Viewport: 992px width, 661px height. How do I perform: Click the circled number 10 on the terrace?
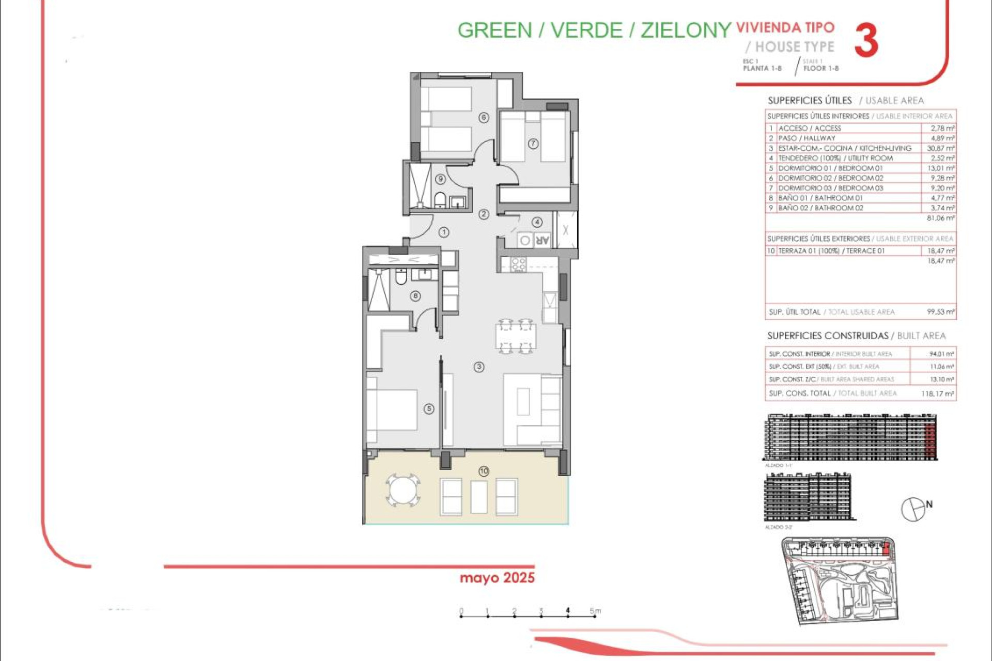(484, 471)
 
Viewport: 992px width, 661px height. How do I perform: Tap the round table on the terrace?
(402, 490)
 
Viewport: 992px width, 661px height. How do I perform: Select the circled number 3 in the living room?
(479, 367)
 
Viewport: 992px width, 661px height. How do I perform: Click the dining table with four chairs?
(516, 336)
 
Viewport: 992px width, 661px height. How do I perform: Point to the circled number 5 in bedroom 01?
(429, 408)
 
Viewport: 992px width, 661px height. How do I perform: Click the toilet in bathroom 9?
(440, 199)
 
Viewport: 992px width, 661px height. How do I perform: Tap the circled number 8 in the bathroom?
(415, 296)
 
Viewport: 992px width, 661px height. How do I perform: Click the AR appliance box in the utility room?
(541, 240)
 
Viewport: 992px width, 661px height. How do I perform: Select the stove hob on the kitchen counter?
(518, 264)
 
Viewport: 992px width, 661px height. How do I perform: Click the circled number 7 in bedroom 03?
(533, 144)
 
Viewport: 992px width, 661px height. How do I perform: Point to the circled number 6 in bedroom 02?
(484, 117)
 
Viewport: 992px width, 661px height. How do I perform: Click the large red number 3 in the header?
(866, 40)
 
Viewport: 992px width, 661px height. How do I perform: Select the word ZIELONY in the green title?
(686, 30)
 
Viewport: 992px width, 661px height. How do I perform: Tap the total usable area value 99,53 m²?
(940, 312)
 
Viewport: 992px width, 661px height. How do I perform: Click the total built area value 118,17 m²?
(937, 394)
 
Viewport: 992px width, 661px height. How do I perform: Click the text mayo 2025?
(497, 577)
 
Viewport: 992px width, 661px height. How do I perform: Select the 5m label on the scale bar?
(595, 611)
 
